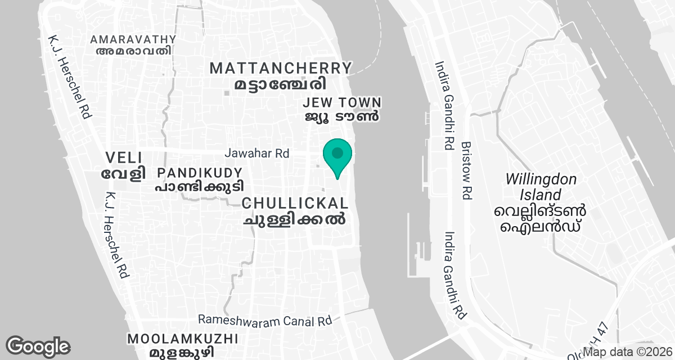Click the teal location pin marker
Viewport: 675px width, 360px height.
click(337, 156)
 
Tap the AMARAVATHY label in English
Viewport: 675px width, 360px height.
click(133, 39)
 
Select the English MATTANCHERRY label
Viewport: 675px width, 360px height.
click(281, 69)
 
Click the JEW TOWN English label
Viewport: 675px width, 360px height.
click(342, 103)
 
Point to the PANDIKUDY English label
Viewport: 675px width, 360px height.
click(200, 173)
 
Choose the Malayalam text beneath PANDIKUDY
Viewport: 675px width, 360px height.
click(200, 186)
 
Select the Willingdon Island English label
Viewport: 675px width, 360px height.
click(541, 187)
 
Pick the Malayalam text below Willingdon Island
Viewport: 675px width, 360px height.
click(541, 219)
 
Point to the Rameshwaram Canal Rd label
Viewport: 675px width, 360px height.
click(265, 319)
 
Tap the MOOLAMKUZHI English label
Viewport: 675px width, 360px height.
click(183, 339)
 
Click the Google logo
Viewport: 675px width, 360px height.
click(38, 346)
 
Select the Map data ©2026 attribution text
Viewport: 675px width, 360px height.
click(627, 352)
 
